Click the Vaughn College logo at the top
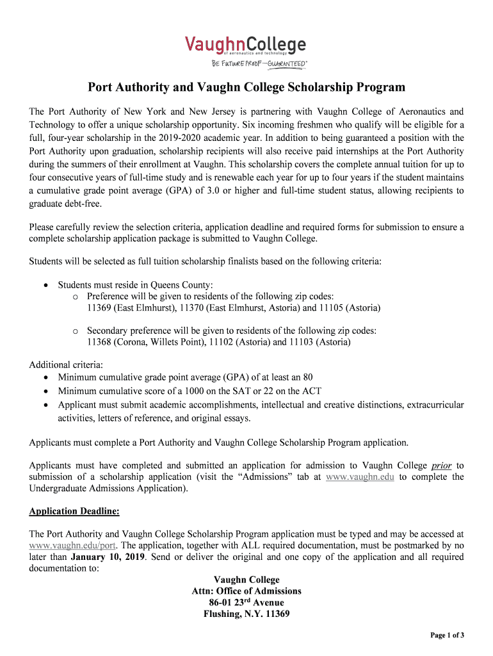point(246,45)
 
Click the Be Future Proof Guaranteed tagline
point(259,63)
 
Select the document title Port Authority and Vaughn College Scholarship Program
point(247,87)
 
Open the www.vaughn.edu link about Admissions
point(360,477)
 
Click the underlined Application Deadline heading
point(74,511)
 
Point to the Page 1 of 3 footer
point(446,635)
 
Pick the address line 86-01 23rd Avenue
point(247,602)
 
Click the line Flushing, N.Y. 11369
point(247,614)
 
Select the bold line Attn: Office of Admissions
point(247,591)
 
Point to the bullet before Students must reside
point(47,284)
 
